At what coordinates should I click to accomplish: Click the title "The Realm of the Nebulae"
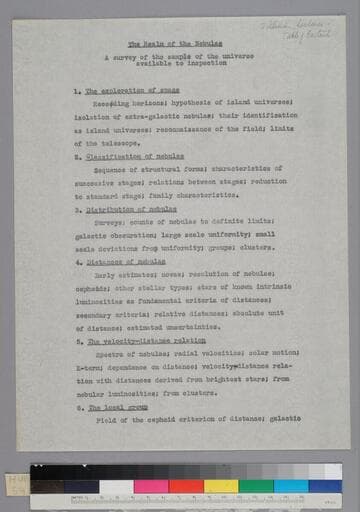tap(180, 45)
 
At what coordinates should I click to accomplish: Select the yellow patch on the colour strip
tap(221, 486)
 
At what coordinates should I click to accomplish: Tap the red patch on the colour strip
tap(186, 486)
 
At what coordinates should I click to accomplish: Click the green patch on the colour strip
tap(256, 486)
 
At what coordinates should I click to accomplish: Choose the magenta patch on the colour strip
tap(151, 486)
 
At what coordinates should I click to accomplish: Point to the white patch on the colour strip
tap(116, 487)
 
